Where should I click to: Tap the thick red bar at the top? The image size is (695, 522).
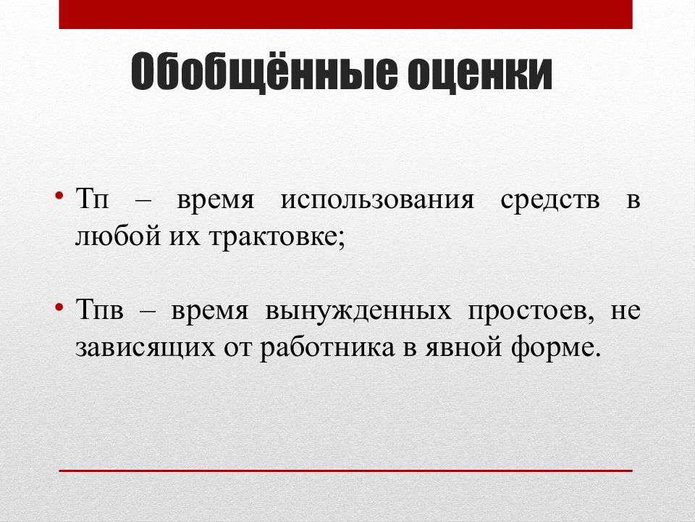(345, 14)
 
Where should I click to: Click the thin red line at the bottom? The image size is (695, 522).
(345, 471)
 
